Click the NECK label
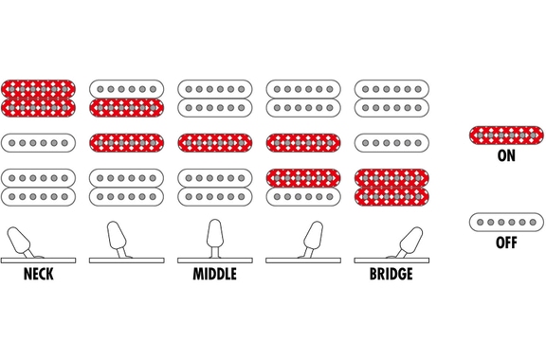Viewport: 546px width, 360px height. point(38,274)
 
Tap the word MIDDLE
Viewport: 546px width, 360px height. point(215,274)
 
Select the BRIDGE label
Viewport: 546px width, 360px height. point(391,274)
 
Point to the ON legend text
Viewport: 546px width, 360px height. point(506,155)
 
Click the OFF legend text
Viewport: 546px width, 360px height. point(506,243)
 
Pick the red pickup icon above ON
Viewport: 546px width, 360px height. point(506,135)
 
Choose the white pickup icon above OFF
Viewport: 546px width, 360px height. point(506,222)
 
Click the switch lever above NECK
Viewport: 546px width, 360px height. point(21,243)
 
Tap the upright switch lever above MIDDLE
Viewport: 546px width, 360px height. point(215,239)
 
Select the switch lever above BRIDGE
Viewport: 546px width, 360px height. point(409,243)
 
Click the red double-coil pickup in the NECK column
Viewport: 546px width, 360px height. point(38,99)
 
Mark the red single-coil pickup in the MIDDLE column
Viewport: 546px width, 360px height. point(215,143)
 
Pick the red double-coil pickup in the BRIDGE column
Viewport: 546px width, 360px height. point(391,188)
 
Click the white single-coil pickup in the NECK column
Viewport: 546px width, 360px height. point(38,143)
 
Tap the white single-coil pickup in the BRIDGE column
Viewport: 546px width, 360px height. point(391,143)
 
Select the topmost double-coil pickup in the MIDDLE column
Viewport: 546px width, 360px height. point(215,99)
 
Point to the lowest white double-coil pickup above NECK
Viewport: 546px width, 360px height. point(38,188)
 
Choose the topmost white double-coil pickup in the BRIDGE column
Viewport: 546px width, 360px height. point(391,99)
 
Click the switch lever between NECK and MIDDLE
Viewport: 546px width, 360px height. point(118,240)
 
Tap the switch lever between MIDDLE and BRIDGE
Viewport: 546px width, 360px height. point(313,240)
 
